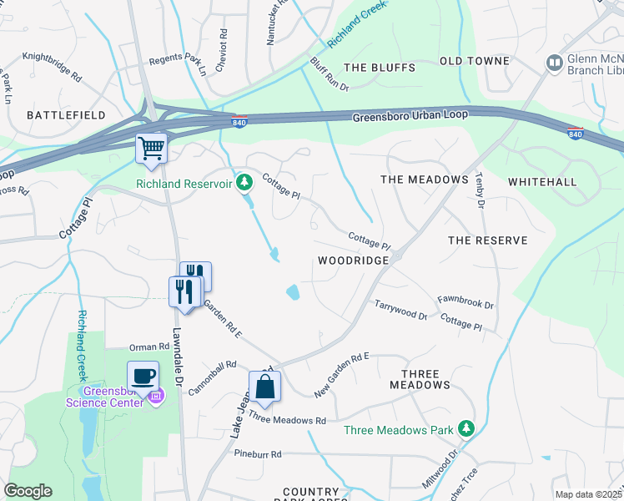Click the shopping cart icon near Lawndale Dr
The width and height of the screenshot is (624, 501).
pos(151,149)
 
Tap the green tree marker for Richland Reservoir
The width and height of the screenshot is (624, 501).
pos(244,182)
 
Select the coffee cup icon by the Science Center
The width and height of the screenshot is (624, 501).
pos(143,375)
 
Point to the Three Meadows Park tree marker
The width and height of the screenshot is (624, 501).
pos(466,430)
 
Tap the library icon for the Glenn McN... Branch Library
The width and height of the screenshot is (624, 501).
pos(554,63)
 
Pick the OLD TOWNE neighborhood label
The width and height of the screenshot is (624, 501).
pos(474,61)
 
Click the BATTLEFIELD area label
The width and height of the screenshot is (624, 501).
pos(66,114)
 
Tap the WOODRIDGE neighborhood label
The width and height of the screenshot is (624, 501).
pos(354,261)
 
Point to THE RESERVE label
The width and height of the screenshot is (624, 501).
pos(488,240)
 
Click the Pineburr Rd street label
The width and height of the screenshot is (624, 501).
pos(258,454)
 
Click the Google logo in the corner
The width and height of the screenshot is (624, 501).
pos(28,491)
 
